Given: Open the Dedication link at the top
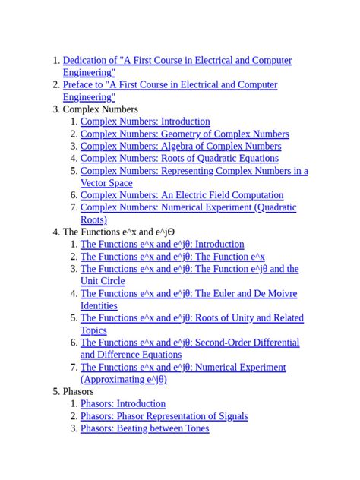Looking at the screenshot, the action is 176,61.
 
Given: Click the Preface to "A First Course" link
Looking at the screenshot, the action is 169,85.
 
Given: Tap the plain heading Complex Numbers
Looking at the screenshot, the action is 100,109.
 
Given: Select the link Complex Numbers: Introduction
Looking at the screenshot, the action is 145,122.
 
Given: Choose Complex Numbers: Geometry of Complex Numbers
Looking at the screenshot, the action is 185,134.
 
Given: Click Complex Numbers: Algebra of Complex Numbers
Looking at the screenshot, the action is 181,146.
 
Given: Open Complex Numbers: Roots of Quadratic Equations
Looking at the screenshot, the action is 179,158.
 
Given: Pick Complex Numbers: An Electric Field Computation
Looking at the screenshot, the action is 182,195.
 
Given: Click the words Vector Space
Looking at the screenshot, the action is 106,183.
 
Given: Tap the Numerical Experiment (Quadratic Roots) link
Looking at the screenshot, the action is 188,207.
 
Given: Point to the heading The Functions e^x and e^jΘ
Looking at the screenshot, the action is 118,232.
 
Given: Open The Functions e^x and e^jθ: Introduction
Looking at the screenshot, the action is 163,245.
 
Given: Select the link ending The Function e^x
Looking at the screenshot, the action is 172,257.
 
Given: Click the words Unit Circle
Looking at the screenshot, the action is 103,281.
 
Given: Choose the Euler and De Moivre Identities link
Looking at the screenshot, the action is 188,294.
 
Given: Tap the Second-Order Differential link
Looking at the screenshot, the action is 190,343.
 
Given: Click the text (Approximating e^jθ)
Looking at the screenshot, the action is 124,380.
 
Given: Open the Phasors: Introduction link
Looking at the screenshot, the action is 122,404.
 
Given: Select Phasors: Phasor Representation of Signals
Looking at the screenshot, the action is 164,416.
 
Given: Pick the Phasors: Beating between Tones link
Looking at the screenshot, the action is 144,428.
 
